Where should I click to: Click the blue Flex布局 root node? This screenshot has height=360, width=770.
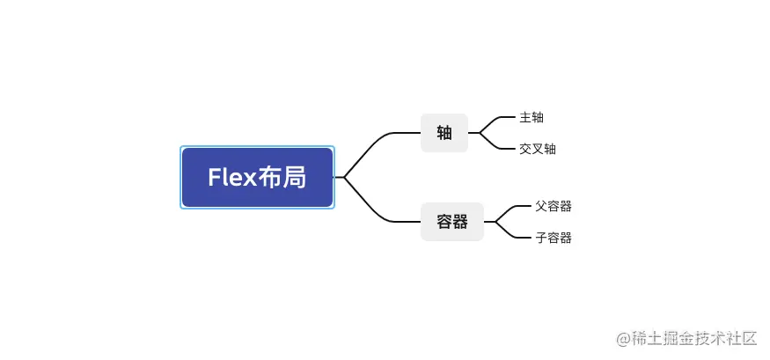pyautogui.click(x=257, y=178)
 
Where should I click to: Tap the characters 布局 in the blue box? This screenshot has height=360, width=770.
pyautogui.click(x=282, y=178)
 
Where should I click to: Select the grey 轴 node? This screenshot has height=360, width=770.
pyautogui.click(x=444, y=133)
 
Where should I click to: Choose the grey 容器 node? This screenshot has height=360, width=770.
pyautogui.click(x=452, y=222)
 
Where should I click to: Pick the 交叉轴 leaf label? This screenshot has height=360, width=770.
pyautogui.click(x=538, y=149)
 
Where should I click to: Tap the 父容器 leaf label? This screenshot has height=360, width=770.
pyautogui.click(x=554, y=206)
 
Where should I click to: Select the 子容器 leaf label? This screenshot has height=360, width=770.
pyautogui.click(x=554, y=238)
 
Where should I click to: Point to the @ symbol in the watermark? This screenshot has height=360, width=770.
pyautogui.click(x=622, y=339)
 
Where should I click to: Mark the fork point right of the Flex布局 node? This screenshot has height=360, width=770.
pyautogui.click(x=344, y=178)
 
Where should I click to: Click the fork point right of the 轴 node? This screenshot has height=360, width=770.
pyautogui.click(x=480, y=133)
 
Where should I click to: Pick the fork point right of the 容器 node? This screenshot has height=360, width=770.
pyautogui.click(x=495, y=222)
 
